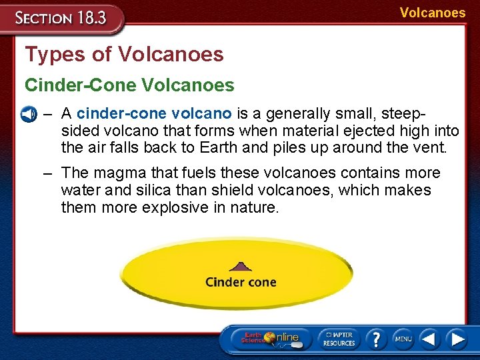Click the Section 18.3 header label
(x=61, y=17)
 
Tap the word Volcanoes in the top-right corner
(x=433, y=13)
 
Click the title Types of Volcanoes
(x=124, y=54)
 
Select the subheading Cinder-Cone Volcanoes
(x=129, y=85)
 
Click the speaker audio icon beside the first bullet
(x=28, y=114)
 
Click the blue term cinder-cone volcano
(x=154, y=113)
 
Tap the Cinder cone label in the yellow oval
(x=241, y=281)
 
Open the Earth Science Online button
(x=270, y=339)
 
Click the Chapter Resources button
(x=339, y=339)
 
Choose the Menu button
(x=403, y=339)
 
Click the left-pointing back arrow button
(x=430, y=339)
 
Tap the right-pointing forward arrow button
(x=457, y=339)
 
